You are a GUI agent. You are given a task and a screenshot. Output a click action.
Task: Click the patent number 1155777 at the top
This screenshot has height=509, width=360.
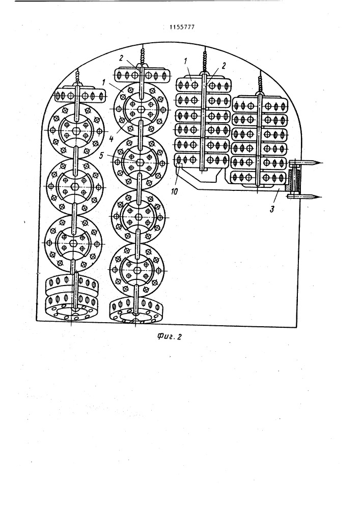(x=182, y=27)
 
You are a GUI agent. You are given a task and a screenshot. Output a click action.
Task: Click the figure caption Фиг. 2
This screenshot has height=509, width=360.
(x=169, y=337)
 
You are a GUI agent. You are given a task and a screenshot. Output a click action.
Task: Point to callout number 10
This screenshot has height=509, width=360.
(x=174, y=192)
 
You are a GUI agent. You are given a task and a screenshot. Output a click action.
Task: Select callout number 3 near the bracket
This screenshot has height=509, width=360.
(x=272, y=209)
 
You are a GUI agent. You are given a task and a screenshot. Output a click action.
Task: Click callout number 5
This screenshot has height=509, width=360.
(x=101, y=156)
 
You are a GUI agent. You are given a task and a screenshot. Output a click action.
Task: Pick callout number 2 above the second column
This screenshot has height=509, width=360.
(x=121, y=58)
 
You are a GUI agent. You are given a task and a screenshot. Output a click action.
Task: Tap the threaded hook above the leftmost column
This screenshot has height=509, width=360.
(x=77, y=77)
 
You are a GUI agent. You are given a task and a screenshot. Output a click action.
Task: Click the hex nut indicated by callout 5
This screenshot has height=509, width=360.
(x=140, y=162)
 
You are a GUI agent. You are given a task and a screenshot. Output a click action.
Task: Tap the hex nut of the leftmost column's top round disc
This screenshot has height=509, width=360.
(x=76, y=131)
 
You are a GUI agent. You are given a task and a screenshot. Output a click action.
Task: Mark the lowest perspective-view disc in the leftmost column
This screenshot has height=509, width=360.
(x=72, y=308)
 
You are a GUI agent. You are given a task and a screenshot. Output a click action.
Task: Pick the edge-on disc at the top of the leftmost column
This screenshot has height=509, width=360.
(x=79, y=96)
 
